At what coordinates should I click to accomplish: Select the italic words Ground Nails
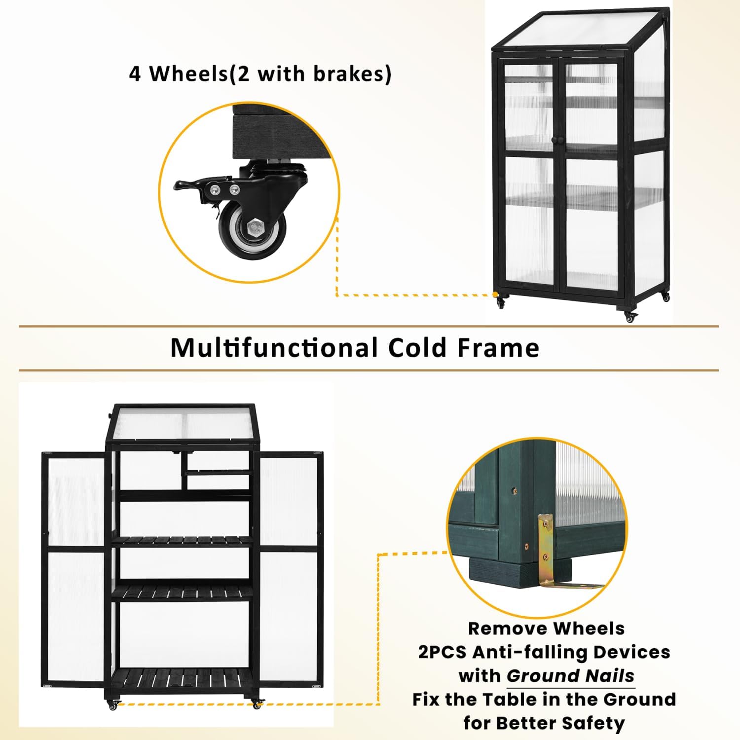coord(571,675)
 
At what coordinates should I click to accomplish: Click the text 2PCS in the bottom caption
coord(442,652)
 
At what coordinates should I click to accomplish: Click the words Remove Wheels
coord(546,629)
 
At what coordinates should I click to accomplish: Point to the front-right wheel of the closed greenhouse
coord(630,317)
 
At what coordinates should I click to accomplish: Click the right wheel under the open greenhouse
coord(257,704)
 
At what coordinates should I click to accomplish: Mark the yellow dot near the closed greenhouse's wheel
coord(495,295)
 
